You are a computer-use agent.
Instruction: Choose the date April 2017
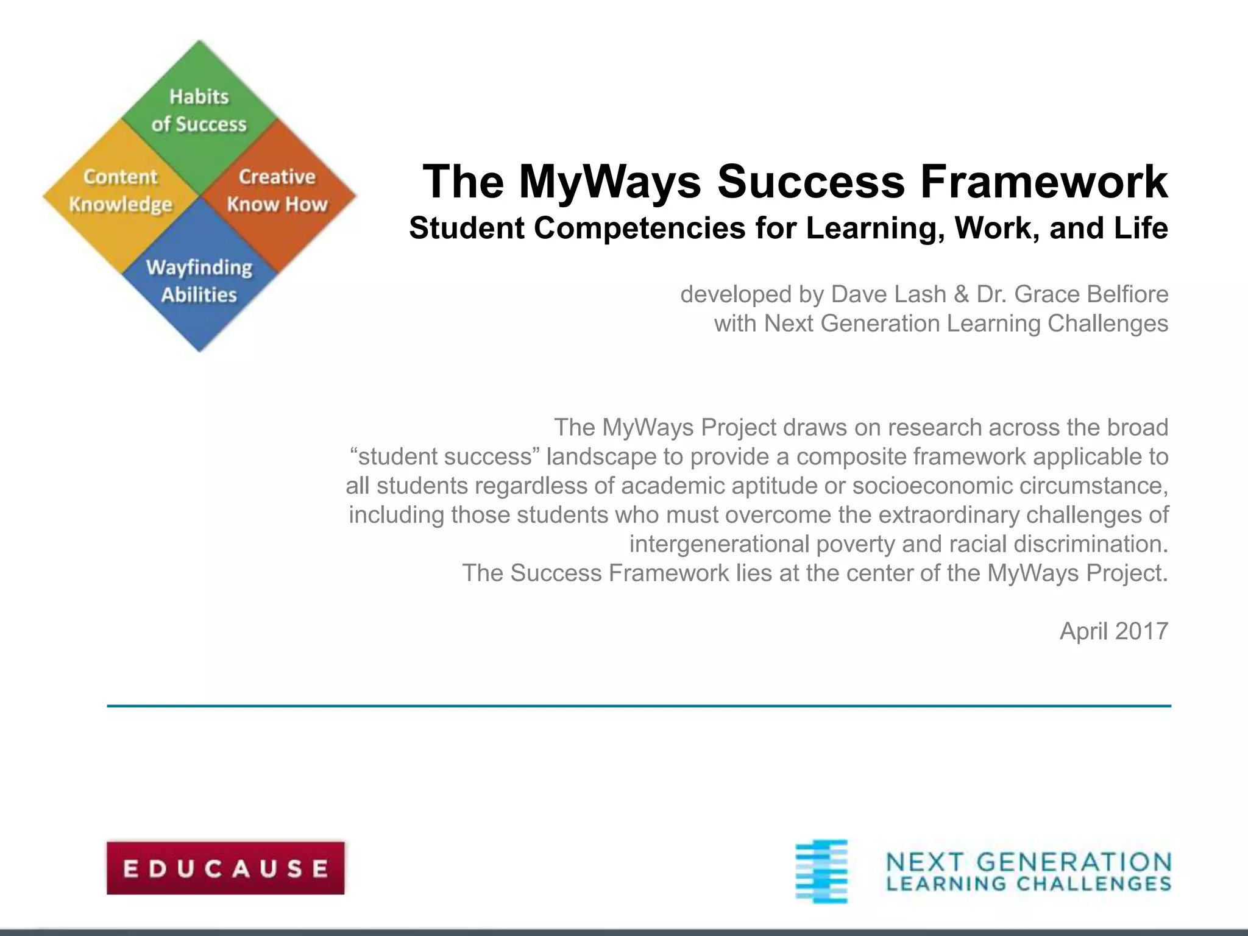[x=1114, y=631]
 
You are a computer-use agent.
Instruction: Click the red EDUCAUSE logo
[x=225, y=868]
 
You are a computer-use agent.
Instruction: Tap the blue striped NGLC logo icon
[x=821, y=871]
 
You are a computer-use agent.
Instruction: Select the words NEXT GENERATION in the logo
[x=1029, y=862]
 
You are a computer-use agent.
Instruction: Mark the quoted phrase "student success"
[x=445, y=456]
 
